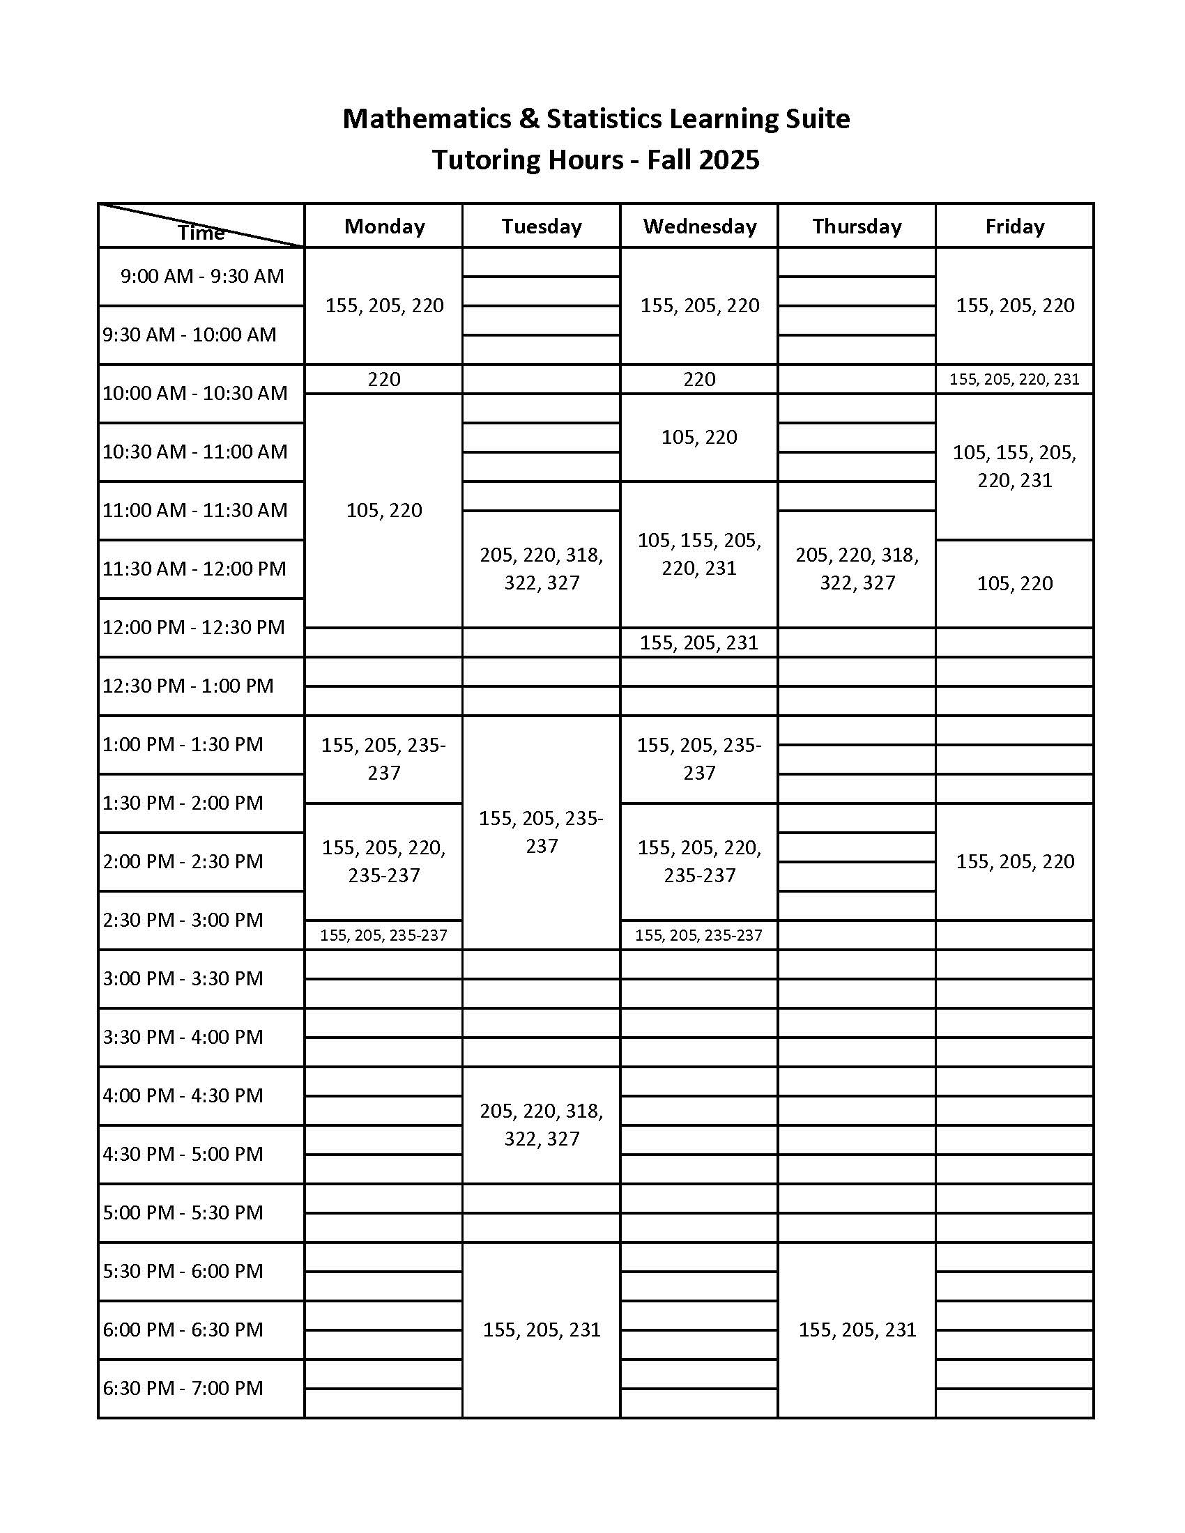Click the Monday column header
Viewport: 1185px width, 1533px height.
click(384, 226)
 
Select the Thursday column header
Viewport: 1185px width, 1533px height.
click(857, 226)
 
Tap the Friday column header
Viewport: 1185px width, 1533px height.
click(1014, 226)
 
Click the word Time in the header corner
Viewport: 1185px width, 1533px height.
click(201, 232)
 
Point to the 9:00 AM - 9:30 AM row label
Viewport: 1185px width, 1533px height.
click(201, 276)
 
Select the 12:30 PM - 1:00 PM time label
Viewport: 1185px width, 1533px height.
click(188, 686)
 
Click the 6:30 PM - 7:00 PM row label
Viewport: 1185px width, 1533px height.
click(183, 1387)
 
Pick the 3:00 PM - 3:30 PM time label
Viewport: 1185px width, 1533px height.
click(183, 978)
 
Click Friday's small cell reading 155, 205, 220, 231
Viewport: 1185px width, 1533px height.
click(1014, 379)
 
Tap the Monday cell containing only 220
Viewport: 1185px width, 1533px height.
click(384, 379)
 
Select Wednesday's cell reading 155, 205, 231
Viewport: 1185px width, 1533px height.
click(699, 642)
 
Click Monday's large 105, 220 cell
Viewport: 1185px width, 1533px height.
click(384, 510)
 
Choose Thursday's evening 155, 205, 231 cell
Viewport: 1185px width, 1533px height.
click(857, 1330)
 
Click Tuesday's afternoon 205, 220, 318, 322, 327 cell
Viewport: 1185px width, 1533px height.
click(541, 1125)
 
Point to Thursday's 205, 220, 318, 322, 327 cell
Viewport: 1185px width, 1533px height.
click(857, 569)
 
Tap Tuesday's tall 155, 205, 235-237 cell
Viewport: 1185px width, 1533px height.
click(541, 832)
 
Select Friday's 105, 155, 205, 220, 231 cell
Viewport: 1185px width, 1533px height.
click(1014, 466)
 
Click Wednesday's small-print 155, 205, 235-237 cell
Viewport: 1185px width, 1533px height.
click(699, 935)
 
